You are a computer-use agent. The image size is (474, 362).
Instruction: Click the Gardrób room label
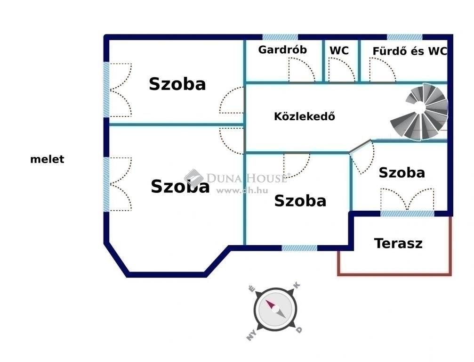282,49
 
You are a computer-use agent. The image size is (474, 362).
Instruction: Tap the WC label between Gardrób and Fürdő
339,50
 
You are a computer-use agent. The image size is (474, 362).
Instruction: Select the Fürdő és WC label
410,51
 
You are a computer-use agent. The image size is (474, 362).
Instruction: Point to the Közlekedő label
305,116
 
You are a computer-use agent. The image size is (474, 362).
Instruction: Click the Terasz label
398,243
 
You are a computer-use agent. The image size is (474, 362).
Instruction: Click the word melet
47,159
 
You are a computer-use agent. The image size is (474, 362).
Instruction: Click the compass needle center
275,309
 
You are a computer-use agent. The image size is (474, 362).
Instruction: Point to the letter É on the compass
251,288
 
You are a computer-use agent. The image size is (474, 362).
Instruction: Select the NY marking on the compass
252,336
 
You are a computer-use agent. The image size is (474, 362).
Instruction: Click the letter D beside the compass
299,329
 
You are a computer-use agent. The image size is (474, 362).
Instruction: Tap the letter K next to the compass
297,285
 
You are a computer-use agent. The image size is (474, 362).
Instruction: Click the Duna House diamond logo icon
194,178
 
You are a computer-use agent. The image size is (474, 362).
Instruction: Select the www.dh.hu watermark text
242,190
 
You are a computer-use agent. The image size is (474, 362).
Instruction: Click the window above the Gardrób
280,37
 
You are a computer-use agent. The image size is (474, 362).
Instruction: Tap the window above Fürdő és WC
405,37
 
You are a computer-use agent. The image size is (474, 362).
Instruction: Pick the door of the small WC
342,70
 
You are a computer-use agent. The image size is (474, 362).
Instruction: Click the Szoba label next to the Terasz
402,173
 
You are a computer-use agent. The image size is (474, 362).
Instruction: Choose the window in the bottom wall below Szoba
299,248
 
